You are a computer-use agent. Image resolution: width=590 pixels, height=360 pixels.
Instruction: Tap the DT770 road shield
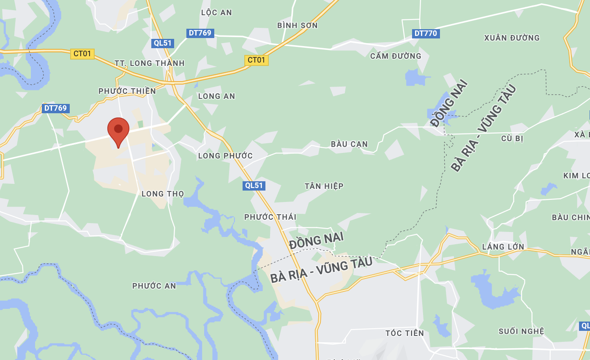pyautogui.click(x=426, y=33)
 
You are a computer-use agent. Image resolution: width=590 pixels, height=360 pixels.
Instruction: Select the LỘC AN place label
pyautogui.click(x=216, y=13)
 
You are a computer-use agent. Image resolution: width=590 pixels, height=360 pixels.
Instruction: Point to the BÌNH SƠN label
pyautogui.click(x=297, y=25)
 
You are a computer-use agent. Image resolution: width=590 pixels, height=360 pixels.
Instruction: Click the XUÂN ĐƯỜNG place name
pyautogui.click(x=512, y=38)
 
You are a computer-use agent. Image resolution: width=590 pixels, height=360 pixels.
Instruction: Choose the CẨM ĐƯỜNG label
pyautogui.click(x=396, y=56)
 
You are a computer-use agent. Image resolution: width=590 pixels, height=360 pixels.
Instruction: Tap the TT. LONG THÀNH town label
pyautogui.click(x=150, y=63)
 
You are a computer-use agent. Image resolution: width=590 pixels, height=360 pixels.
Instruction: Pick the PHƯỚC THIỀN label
pyautogui.click(x=127, y=91)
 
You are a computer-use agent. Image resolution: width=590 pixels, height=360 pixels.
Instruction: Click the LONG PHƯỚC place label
pyautogui.click(x=225, y=156)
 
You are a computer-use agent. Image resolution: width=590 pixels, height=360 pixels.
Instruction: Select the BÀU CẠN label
pyautogui.click(x=349, y=144)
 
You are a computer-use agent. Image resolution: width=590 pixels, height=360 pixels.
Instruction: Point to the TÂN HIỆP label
pyautogui.click(x=324, y=186)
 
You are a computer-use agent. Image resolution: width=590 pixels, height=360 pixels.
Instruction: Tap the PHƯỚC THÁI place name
pyautogui.click(x=270, y=217)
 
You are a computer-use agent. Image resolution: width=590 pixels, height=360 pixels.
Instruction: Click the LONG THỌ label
pyautogui.click(x=163, y=194)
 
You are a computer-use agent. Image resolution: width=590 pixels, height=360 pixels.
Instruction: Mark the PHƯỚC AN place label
pyautogui.click(x=154, y=286)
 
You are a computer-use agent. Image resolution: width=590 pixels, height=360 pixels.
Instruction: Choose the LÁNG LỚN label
pyautogui.click(x=503, y=247)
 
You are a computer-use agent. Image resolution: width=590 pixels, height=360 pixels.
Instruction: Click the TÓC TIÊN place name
pyautogui.click(x=404, y=333)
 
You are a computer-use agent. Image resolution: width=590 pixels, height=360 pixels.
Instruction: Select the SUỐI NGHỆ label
pyautogui.click(x=521, y=331)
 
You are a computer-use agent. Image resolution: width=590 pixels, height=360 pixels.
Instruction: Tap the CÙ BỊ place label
pyautogui.click(x=512, y=139)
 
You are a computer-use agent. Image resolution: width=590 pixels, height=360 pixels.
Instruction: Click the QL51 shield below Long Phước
pyautogui.click(x=254, y=185)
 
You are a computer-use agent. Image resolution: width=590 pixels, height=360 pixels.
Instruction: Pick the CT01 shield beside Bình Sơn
pyautogui.click(x=256, y=60)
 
